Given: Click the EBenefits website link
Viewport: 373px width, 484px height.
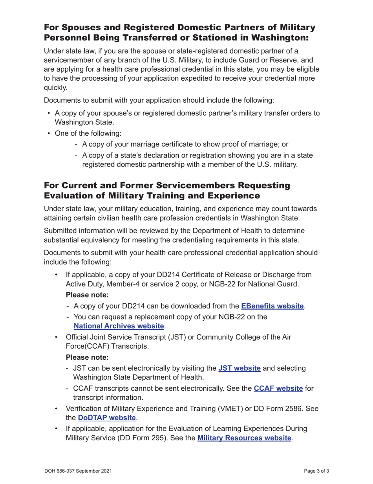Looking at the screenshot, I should pos(272,306).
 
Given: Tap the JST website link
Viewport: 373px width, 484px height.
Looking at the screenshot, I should pos(240,368).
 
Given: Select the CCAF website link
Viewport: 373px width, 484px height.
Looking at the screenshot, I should pos(278,388).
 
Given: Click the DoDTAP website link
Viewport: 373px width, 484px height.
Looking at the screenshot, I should pos(107,417).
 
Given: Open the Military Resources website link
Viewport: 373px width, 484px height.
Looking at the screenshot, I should pos(244,438).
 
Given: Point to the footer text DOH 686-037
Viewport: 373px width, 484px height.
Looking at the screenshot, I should pos(63,471).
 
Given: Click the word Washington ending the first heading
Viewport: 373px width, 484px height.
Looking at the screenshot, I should pos(274,38).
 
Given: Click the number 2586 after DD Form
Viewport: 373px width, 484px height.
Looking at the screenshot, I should pos(293,408).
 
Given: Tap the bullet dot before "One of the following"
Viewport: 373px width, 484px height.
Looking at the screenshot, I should pos(49,133).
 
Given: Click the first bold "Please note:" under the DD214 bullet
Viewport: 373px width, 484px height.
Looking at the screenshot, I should pos(87,295).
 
